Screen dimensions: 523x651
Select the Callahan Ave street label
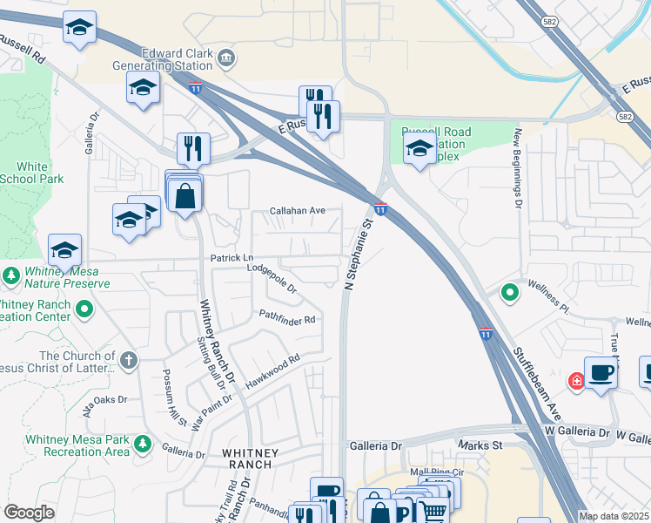tap(297, 211)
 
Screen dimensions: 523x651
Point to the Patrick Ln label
tap(232, 258)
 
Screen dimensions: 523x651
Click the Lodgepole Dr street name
tap(272, 278)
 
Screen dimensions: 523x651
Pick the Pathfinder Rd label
tap(285, 320)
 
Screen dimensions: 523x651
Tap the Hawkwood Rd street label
tap(272, 366)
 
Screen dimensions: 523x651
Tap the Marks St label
tap(487, 445)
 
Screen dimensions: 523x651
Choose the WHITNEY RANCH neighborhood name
tap(251, 458)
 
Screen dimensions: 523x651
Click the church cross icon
tap(128, 360)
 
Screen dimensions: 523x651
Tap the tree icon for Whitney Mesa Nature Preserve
tap(11, 276)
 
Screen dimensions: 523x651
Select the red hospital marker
tap(576, 381)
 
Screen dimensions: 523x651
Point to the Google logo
tap(29, 513)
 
